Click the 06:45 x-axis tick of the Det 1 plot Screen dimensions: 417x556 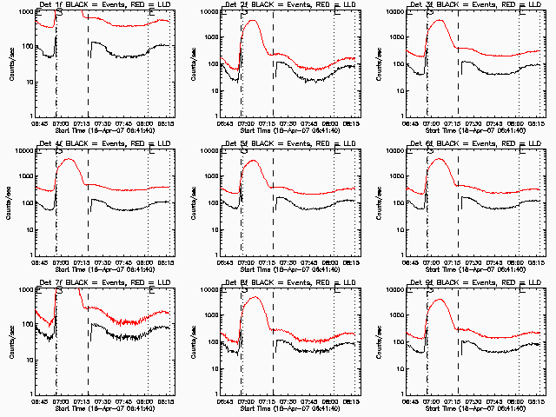(41, 122)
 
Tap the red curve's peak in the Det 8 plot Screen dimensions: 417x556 (255, 297)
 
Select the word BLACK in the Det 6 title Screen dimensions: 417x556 (453, 143)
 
